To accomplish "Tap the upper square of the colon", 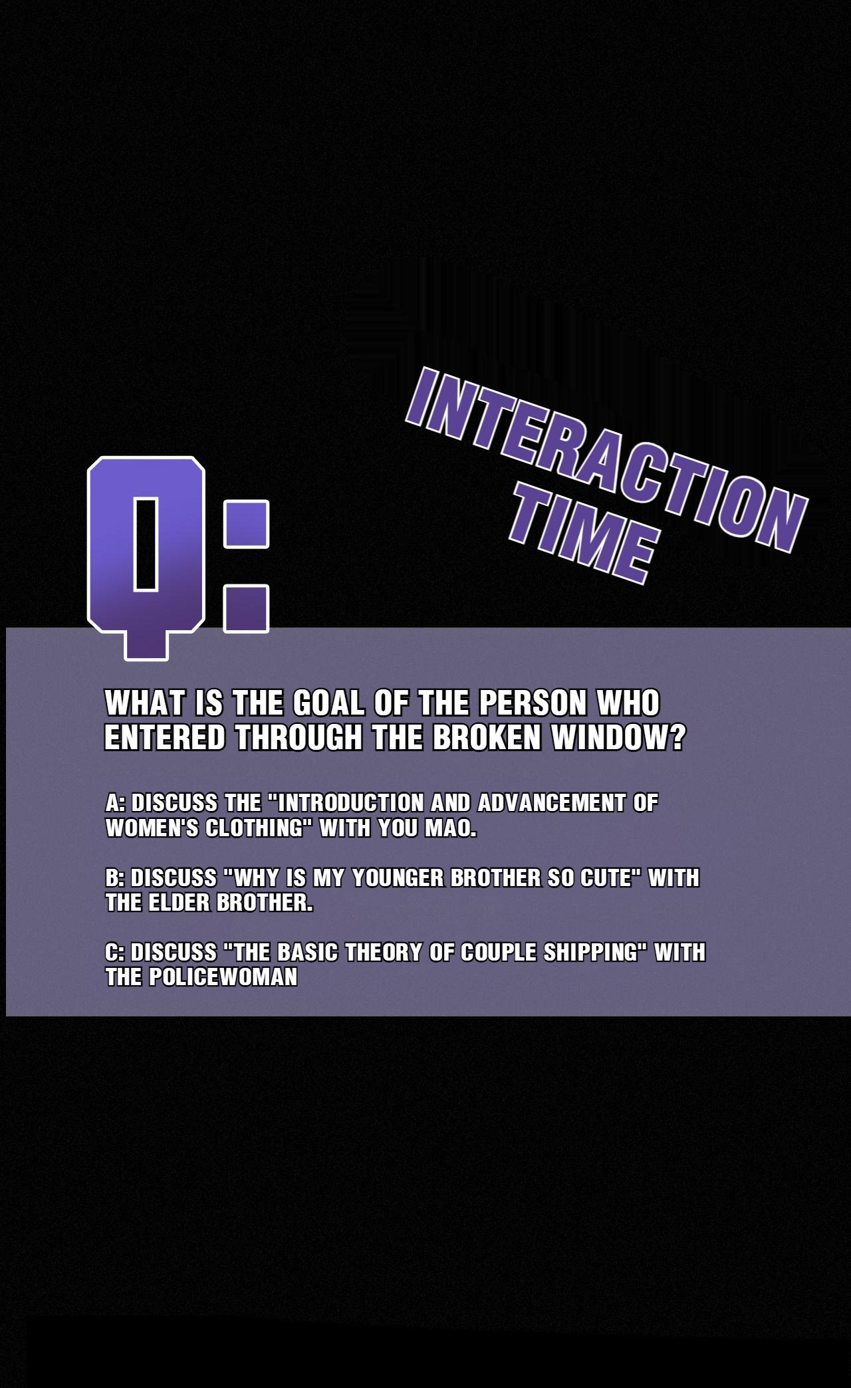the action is coord(246,524).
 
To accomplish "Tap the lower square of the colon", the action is coord(246,608).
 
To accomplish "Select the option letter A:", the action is coord(115,803).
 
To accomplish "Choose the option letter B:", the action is coord(115,878).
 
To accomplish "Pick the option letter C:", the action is coord(115,953).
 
